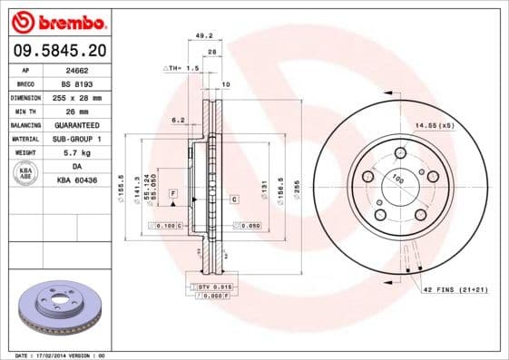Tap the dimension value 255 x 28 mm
click(76, 96)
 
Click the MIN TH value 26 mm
click(76, 110)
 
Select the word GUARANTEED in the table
click(76, 124)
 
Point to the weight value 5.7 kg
click(76, 152)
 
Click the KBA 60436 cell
click(76, 180)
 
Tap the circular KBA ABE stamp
click(25, 173)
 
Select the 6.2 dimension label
click(178, 119)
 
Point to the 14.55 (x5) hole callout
click(435, 124)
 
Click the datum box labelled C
click(233, 198)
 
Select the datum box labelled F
click(171, 195)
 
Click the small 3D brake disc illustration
click(60, 310)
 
